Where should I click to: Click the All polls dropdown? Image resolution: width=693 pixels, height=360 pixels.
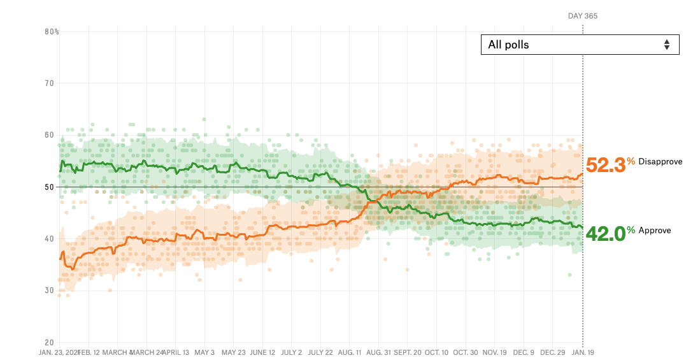pos(580,45)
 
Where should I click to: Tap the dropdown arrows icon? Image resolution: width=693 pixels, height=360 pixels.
pos(666,45)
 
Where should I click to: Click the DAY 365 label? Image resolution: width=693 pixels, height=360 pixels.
pos(582,16)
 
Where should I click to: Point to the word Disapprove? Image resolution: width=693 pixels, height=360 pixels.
pos(660,162)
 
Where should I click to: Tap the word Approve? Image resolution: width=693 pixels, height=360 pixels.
pos(654,231)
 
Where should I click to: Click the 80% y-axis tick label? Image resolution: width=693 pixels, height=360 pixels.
pos(52,31)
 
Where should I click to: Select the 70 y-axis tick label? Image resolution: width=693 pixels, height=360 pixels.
pos(49,83)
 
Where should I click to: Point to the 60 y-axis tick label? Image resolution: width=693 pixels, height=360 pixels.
pos(49,135)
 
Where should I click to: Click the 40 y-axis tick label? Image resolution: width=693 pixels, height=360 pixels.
pos(49,238)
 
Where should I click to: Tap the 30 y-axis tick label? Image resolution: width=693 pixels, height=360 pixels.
pos(49,291)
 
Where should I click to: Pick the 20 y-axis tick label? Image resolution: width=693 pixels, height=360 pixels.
pos(49,342)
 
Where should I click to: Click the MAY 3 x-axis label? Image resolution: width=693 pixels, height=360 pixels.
pos(204,352)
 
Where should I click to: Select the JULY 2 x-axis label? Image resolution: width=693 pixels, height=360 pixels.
pos(291,352)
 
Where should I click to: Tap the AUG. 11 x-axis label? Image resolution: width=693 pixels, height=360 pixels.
pos(349,352)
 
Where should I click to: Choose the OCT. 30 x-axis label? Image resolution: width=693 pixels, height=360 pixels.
pos(465,352)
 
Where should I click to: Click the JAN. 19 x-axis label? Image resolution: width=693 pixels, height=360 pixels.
pos(582,352)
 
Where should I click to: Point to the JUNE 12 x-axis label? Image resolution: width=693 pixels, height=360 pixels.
pos(262,352)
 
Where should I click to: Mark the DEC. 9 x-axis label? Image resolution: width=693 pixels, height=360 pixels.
pos(524,352)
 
